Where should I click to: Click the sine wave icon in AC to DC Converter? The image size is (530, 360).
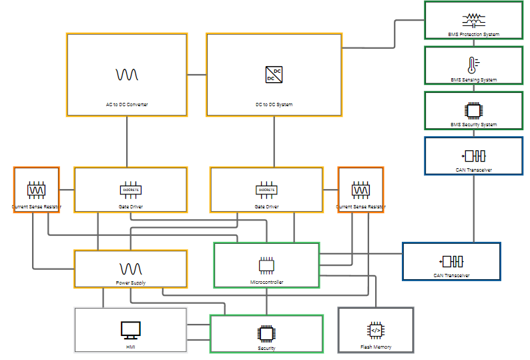click(127, 74)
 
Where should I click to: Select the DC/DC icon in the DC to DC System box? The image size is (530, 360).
click(274, 74)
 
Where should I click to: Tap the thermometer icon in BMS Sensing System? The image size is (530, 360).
click(473, 65)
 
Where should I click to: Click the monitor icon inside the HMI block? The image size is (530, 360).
click(130, 329)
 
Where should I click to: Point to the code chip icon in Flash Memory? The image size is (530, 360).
click(376, 330)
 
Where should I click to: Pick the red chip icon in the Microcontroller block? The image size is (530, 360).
click(266, 264)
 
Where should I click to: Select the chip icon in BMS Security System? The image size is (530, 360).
click(473, 110)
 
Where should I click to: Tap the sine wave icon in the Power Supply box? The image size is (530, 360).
click(130, 268)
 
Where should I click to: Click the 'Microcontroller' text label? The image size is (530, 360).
click(266, 283)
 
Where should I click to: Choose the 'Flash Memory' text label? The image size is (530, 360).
click(376, 347)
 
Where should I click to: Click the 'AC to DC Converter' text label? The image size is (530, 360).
click(127, 105)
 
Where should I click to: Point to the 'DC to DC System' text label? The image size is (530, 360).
click(274, 105)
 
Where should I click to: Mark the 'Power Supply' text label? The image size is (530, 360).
click(130, 283)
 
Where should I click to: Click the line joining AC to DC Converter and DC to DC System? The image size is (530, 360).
click(197, 75)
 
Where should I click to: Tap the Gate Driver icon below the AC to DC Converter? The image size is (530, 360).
click(130, 190)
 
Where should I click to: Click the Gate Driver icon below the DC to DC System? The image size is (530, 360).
click(266, 190)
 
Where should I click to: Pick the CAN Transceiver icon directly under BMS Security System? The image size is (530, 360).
click(474, 156)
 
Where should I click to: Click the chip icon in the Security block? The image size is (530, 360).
click(266, 333)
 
